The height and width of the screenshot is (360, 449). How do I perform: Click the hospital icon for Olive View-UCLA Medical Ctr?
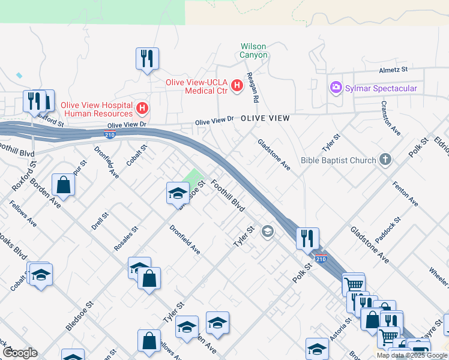tap(237, 86)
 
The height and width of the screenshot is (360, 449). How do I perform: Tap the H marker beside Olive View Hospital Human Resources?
tap(142, 109)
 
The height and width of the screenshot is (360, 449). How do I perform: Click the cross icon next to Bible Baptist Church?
tap(385, 160)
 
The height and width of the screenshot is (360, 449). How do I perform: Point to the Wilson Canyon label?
tap(253, 50)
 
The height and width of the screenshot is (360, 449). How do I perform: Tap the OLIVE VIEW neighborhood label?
tap(265, 119)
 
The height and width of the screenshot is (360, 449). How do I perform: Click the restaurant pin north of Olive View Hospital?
tap(147, 59)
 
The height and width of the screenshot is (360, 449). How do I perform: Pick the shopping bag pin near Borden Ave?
tap(63, 184)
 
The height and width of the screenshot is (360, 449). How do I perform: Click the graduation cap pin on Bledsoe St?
tap(178, 193)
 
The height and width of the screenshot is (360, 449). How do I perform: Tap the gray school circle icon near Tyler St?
tap(268, 232)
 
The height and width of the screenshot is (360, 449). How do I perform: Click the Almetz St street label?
tap(393, 70)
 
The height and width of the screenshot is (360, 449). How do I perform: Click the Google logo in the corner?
tap(20, 353)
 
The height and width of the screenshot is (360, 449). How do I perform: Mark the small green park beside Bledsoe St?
tap(194, 178)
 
